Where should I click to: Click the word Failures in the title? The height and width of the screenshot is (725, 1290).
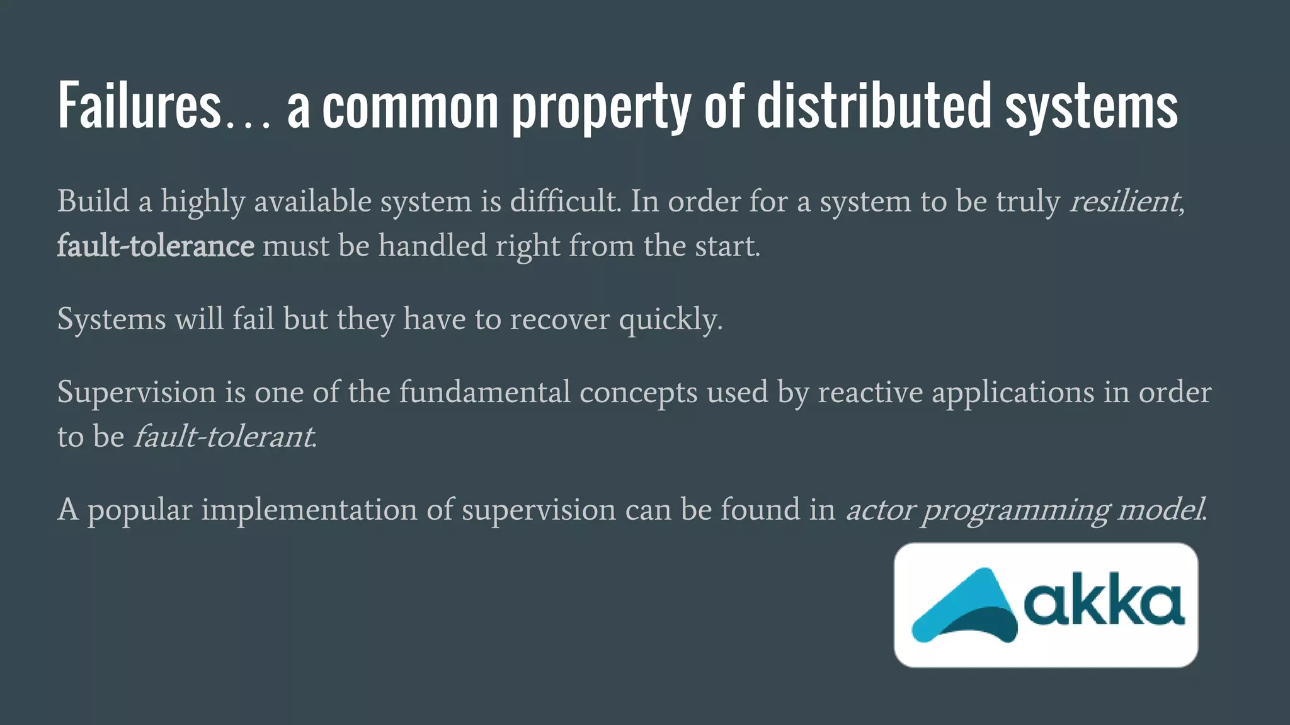139,106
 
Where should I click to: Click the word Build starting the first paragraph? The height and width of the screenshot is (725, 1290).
93,201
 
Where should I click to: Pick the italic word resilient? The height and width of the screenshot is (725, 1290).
1124,201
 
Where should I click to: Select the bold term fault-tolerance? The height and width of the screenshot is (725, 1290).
156,245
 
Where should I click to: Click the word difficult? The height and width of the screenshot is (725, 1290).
565,201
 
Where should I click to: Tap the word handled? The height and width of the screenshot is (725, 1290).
432,245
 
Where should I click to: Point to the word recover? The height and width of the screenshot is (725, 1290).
559,319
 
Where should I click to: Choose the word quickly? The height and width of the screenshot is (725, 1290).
670,320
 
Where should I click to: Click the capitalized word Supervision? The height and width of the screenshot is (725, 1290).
137,393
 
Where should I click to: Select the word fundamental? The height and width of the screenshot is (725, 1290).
484,392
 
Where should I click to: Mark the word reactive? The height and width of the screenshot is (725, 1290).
870,392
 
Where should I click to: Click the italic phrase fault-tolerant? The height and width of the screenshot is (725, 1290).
224,437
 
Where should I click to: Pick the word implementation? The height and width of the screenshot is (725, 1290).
309,510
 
